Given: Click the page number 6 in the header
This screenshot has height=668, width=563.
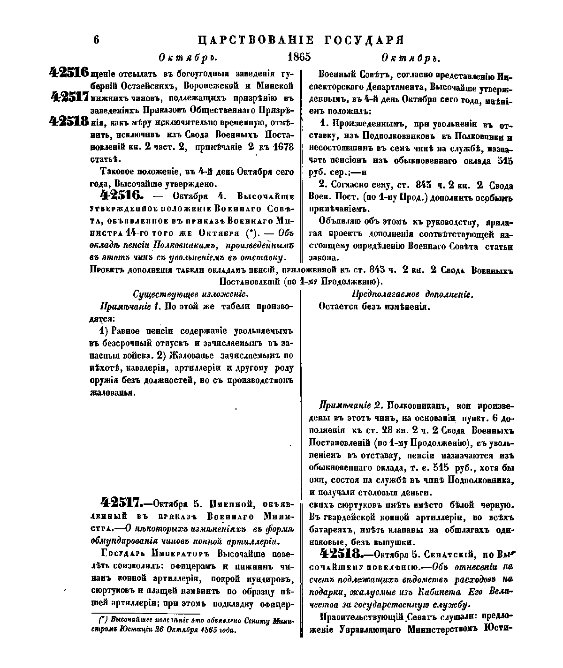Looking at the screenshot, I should pos(97,39).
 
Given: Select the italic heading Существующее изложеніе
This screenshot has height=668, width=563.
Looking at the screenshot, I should pos(190,294).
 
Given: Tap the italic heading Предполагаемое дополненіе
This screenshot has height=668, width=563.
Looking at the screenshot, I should pos(412,294).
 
